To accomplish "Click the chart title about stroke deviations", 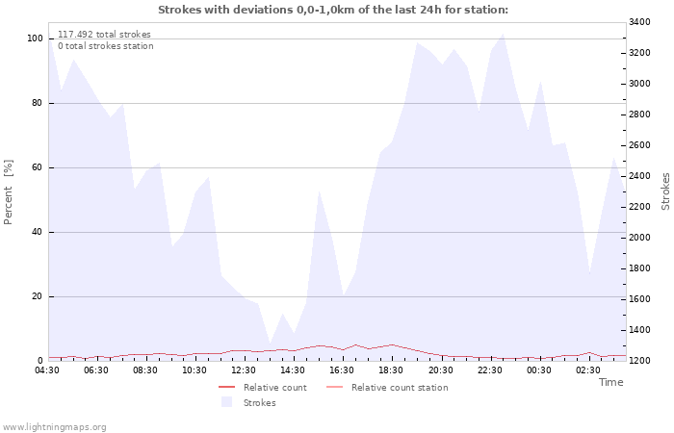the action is [x=333, y=10].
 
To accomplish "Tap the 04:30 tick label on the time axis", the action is [x=47, y=370].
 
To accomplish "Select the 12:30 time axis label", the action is [x=244, y=370].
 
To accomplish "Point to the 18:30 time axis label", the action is [x=391, y=370].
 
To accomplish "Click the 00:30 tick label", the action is [x=538, y=370].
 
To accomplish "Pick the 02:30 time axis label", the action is [x=588, y=370].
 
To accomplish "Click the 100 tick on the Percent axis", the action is [x=35, y=38].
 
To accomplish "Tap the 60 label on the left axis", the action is [x=37, y=167].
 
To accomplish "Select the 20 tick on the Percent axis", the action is [x=37, y=296].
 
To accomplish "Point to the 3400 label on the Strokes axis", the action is [x=639, y=22].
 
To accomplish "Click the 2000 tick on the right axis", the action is [x=639, y=238].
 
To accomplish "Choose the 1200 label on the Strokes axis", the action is [x=639, y=361].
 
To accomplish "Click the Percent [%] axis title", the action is [x=8, y=192].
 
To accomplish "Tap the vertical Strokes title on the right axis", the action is [x=665, y=191].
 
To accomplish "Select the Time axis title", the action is [x=611, y=382].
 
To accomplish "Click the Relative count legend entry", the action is [x=263, y=388].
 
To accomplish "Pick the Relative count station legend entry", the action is [x=387, y=388].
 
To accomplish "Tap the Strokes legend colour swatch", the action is [x=226, y=402].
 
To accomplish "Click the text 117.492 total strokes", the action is [x=104, y=35].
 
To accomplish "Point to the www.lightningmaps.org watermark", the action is [x=54, y=427].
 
